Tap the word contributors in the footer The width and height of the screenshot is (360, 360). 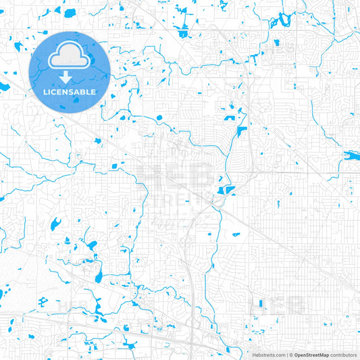click(x=343, y=354)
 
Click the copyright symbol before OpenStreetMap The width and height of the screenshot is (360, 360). click(x=290, y=354)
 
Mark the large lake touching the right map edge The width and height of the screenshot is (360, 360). click(x=352, y=155)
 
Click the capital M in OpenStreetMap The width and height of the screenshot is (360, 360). click(x=322, y=354)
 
